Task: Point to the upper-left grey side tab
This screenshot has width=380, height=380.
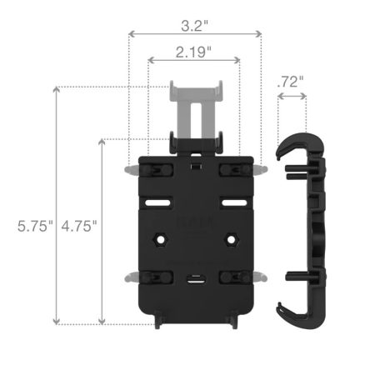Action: point(129,168)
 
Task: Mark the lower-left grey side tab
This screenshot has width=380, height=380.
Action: point(129,275)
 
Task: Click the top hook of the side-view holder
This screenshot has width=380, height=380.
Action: point(292,143)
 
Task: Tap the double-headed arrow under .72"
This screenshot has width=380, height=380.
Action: point(291,97)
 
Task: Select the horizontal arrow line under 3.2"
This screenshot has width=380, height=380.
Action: point(193,35)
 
